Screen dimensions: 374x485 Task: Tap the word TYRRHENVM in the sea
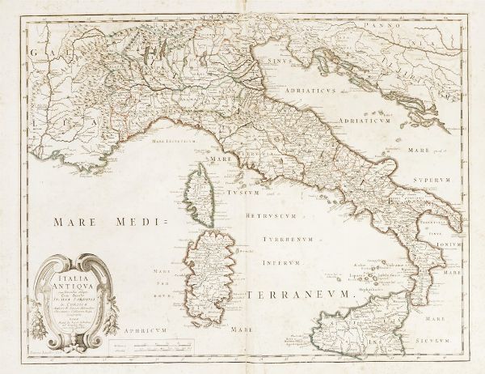(289, 242)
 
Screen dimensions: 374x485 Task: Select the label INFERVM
(289, 261)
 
